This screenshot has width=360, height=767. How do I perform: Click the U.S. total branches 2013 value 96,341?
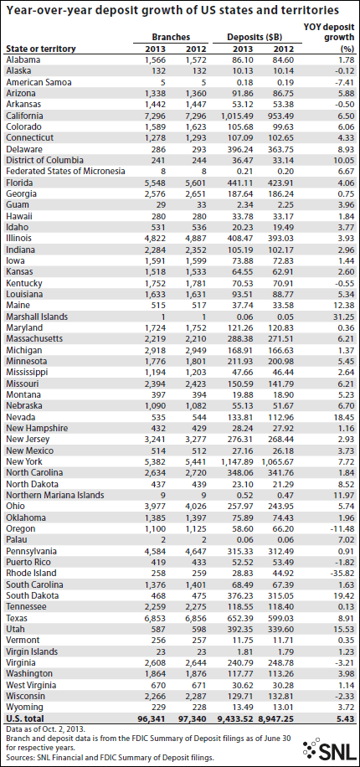[153, 719]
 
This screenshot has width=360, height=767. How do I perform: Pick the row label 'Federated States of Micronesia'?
[66, 171]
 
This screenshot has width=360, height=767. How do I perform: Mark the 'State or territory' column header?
[41, 49]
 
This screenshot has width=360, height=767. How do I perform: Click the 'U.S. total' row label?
[25, 719]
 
